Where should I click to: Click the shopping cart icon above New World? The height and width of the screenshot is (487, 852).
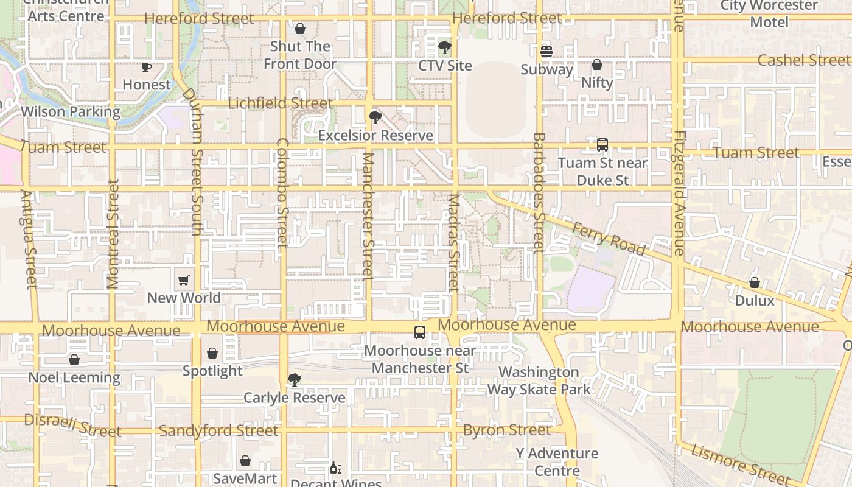click(184, 281)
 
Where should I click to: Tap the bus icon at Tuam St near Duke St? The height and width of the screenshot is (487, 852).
click(602, 145)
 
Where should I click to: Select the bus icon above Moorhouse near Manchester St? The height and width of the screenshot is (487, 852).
click(420, 332)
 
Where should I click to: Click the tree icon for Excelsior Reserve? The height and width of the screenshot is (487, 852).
click(375, 117)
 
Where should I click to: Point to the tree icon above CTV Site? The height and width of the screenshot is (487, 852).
click(445, 47)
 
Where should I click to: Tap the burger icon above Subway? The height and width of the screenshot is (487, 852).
click(546, 52)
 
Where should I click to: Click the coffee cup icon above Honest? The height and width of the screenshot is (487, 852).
click(147, 67)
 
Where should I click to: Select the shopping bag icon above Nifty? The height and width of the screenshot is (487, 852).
click(597, 65)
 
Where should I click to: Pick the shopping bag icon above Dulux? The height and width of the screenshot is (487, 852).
click(755, 282)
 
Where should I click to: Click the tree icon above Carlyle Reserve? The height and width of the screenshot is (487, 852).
click(294, 380)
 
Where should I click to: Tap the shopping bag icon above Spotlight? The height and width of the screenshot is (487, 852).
click(212, 353)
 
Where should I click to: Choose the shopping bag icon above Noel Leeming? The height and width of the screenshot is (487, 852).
click(74, 360)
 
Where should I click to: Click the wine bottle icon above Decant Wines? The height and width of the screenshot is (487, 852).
click(335, 468)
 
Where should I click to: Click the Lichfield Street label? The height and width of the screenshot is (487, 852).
click(281, 103)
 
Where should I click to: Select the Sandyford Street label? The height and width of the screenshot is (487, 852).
click(218, 431)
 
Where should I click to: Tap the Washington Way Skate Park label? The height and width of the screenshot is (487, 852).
click(539, 380)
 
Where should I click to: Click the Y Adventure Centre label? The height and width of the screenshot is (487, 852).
click(557, 462)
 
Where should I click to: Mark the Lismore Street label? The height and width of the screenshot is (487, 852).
click(740, 464)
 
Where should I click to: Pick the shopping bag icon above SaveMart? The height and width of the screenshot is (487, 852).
click(245, 461)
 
